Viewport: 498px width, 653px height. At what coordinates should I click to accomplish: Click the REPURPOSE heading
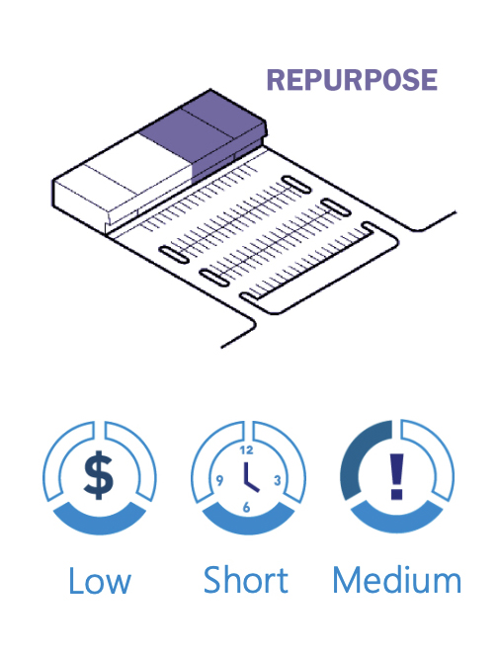(352, 80)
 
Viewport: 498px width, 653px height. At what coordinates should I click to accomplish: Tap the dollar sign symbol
(99, 475)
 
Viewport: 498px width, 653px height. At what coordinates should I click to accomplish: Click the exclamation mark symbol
(397, 476)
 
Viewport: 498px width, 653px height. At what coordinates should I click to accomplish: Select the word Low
(100, 581)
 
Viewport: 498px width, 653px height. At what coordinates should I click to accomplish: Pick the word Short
(246, 580)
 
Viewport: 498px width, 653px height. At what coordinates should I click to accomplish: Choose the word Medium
(397, 580)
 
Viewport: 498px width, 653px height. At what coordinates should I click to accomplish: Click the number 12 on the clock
(246, 450)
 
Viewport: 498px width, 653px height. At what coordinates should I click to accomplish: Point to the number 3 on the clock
(278, 480)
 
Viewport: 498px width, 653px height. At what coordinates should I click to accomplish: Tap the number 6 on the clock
(246, 507)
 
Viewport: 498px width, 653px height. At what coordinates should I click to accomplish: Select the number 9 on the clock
(219, 480)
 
